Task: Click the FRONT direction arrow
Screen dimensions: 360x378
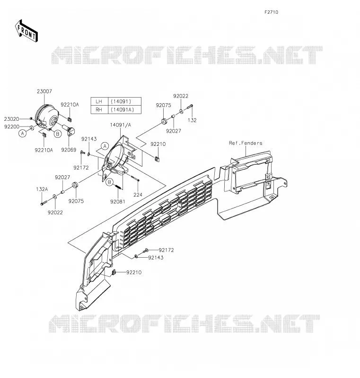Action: [26, 31]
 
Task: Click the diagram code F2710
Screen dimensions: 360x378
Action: [271, 12]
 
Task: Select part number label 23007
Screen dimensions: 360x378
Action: [44, 91]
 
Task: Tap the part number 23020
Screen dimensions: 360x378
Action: [11, 119]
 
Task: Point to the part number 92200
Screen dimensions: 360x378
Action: [12, 126]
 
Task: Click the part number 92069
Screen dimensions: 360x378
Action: [69, 150]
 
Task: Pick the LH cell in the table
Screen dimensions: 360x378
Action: [99, 101]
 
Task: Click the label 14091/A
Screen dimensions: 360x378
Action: [121, 125]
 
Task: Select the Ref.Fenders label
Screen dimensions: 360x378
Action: [246, 143]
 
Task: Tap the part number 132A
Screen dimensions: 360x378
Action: [42, 189]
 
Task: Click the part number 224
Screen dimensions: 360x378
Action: [138, 195]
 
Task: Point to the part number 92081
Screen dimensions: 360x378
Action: [118, 201]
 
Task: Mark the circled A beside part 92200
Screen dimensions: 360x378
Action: [23, 133]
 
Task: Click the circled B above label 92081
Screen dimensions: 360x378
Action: [110, 182]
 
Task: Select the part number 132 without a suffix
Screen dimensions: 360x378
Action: [192, 120]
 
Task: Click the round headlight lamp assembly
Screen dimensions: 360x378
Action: [47, 117]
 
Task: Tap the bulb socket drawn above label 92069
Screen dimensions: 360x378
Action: [70, 130]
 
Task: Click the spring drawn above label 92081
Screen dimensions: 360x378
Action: [118, 187]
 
